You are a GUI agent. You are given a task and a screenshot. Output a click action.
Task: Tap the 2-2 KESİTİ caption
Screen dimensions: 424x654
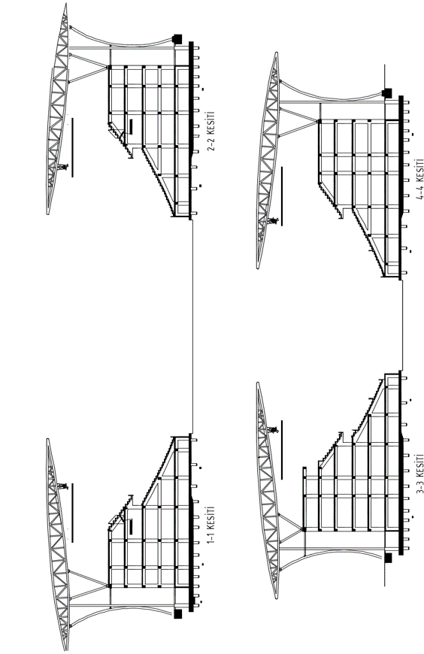[211, 131]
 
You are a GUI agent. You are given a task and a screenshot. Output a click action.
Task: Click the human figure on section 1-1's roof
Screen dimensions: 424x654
[63, 486]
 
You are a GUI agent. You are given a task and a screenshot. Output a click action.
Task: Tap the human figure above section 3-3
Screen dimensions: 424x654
[274, 429]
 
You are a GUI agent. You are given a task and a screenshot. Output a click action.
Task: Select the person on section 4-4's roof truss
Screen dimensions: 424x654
[274, 221]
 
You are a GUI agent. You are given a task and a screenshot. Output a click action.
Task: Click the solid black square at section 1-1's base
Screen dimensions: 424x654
[178, 613]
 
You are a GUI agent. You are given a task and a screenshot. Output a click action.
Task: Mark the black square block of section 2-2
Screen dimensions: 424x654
[177, 39]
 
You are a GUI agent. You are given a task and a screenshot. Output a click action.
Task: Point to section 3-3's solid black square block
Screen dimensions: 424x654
[388, 558]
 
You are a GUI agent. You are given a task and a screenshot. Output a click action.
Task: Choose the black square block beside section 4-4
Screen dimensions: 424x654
[388, 92]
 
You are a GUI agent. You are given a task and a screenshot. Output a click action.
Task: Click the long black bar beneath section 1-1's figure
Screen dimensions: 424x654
[72, 513]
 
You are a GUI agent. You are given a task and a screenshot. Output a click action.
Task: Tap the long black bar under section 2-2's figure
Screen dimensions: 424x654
[72, 147]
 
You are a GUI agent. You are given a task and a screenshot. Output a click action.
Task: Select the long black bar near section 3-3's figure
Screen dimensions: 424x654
[282, 450]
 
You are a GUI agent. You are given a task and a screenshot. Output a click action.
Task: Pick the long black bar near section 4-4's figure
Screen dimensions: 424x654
[282, 196]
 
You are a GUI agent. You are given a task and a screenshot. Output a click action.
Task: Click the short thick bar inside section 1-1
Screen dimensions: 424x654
[131, 526]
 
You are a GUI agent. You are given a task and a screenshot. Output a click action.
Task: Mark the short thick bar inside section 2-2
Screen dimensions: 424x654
[131, 127]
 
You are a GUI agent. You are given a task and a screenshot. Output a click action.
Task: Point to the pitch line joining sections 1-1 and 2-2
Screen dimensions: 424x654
[192, 327]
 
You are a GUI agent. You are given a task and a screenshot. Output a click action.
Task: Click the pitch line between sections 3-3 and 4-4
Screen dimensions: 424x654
[403, 325]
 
